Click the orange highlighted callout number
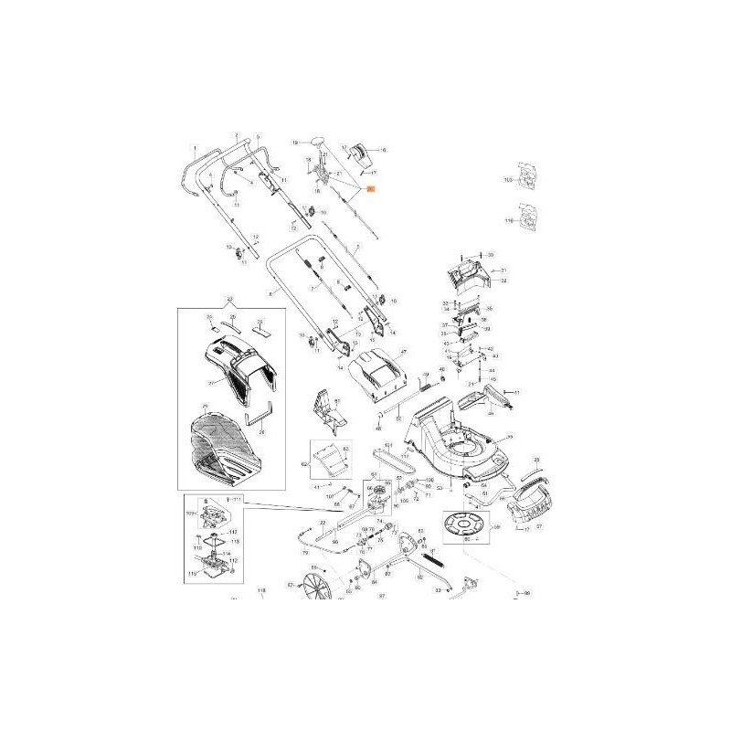coord(369,189)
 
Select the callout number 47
coord(402,352)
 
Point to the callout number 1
coord(194,147)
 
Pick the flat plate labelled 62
coord(329,460)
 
